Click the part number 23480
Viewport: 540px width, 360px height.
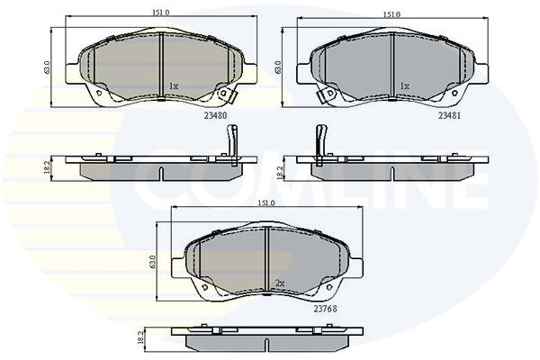pyautogui.click(x=216, y=116)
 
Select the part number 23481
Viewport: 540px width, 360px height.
pyautogui.click(x=449, y=116)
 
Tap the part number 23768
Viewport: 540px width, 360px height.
pyautogui.click(x=325, y=309)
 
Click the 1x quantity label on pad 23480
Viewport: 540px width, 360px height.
pyautogui.click(x=174, y=86)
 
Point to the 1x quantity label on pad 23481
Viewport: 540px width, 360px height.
pyautogui.click(x=405, y=86)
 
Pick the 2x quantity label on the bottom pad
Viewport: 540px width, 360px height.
pyautogui.click(x=280, y=283)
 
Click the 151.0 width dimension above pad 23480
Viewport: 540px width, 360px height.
pyautogui.click(x=161, y=13)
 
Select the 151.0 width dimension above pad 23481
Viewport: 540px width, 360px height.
pyautogui.click(x=391, y=14)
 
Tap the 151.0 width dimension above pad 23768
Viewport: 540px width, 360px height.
pyautogui.click(x=266, y=203)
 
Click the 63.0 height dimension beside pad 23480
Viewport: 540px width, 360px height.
pyautogui.click(x=47, y=67)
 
